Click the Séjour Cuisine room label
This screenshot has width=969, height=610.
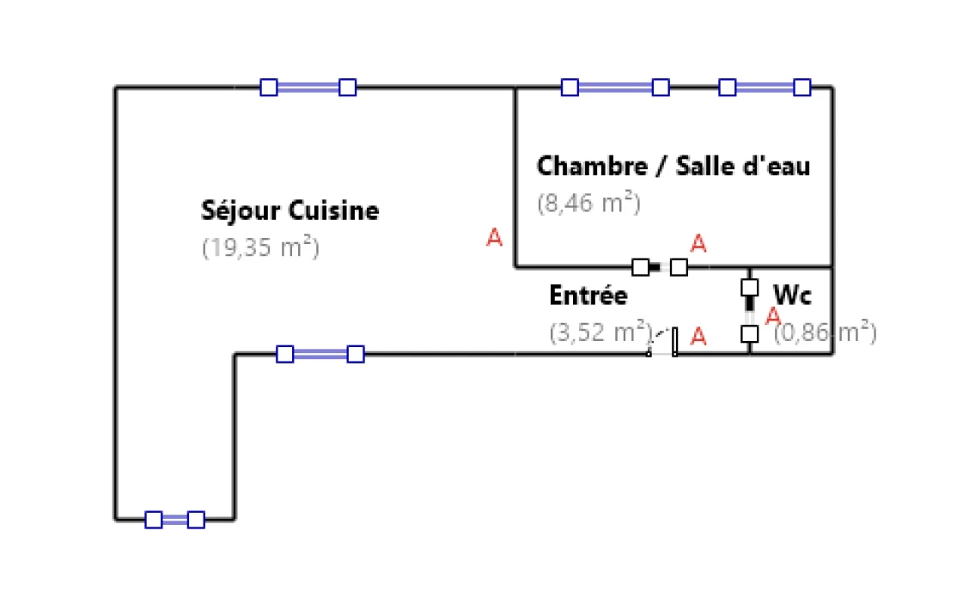point(289,210)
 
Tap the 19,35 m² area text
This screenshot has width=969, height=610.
point(260,247)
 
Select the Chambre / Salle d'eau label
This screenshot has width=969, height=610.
point(673,166)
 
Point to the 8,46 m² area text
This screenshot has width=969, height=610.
point(588,204)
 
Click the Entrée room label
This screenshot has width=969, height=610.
point(588,296)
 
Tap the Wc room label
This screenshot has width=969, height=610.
point(792,296)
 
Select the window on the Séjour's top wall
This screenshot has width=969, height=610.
point(308,87)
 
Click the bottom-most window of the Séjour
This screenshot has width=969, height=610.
point(174,519)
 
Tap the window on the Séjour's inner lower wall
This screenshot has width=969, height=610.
point(320,354)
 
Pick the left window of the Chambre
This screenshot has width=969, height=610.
point(614,87)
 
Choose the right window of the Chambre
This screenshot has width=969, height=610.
point(764,87)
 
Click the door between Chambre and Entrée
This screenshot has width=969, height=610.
point(659,267)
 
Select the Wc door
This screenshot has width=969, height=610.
point(750,309)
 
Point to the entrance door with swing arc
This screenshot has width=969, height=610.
point(663,343)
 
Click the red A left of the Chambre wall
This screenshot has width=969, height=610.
point(494,238)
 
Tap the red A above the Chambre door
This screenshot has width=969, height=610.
point(698,244)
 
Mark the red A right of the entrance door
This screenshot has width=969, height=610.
point(698,337)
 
